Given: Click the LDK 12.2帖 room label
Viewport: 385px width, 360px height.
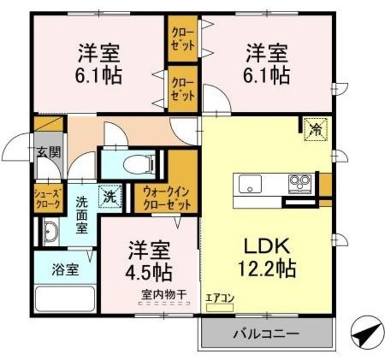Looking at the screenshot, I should (x=268, y=257).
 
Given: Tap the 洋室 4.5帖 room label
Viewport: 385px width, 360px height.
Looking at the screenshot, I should (x=149, y=260).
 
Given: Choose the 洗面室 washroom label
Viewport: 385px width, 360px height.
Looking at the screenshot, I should (x=81, y=215).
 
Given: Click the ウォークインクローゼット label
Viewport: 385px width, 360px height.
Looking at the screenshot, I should (x=167, y=198).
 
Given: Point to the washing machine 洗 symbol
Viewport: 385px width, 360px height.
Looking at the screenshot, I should (x=109, y=196).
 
